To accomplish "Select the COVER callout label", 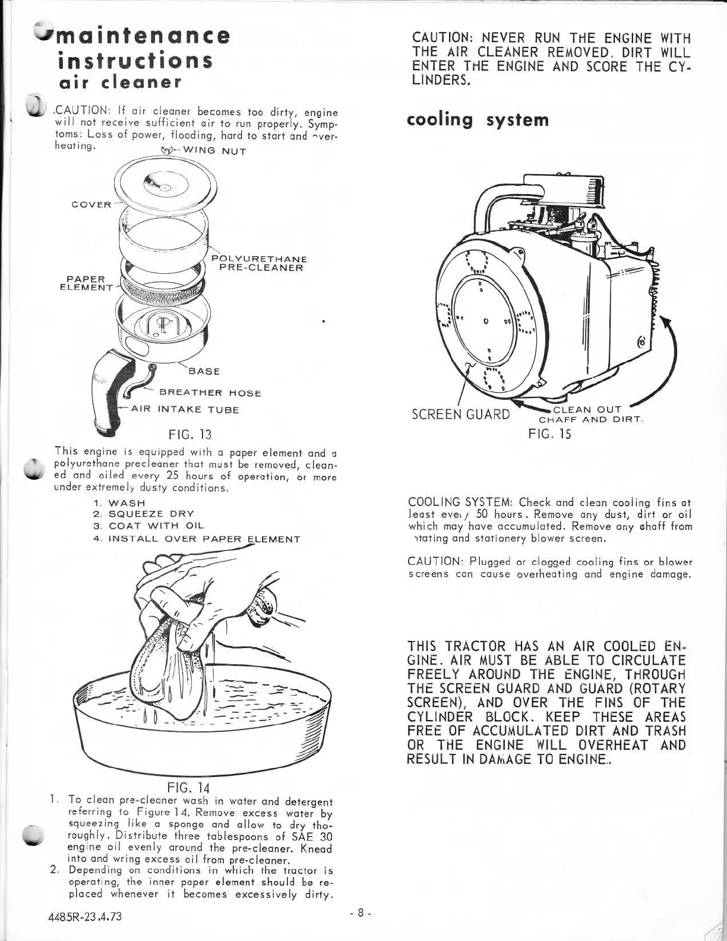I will point(91,205).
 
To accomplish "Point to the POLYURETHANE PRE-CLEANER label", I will point(259,263).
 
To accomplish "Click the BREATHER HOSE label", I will point(210,393).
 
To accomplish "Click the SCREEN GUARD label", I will point(460,414).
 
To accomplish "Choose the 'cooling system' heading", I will point(478,120).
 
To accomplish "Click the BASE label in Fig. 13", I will point(204,371).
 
